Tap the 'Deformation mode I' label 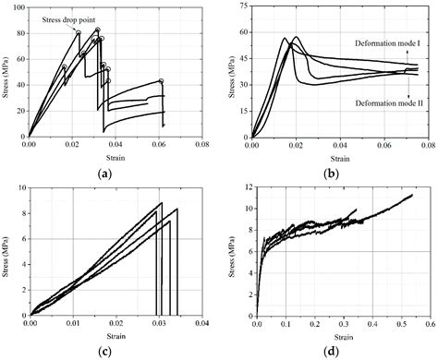pos(380,42)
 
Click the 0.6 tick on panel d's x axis pos(429,324)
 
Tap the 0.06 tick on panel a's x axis pos(158,144)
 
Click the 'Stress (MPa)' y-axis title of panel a pos(6,71)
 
